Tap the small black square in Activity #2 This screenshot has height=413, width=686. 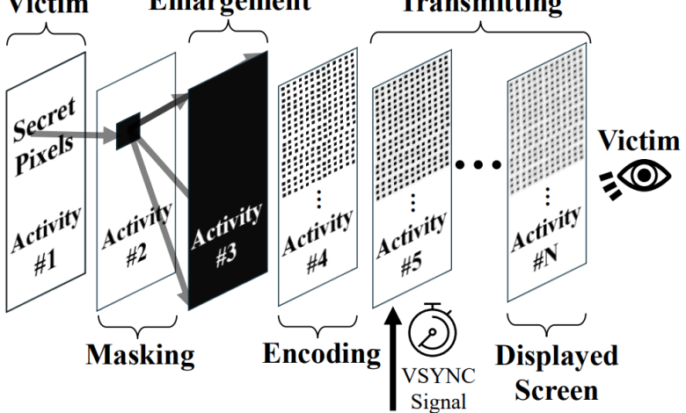click(128, 132)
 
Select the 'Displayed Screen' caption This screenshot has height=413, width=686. click(554, 371)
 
